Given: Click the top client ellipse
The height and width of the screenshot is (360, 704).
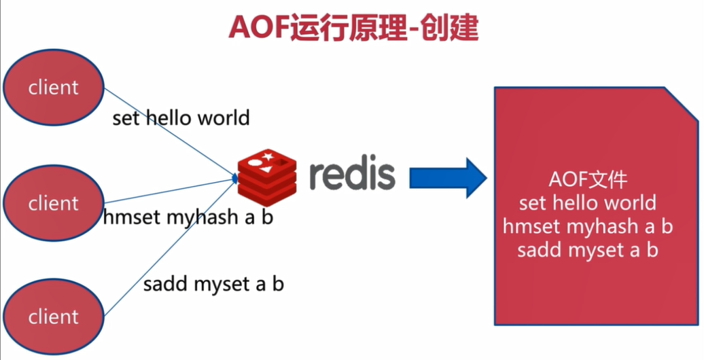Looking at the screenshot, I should tap(53, 87).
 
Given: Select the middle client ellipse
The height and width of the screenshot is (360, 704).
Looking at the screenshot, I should tap(53, 203).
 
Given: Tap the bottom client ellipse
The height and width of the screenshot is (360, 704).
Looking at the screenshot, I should tap(53, 316).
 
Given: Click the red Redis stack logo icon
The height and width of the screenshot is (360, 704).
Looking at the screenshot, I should tap(268, 173).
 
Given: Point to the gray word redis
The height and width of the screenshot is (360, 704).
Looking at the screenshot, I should tap(352, 173).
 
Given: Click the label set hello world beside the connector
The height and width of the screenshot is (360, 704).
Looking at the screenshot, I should tap(181, 118).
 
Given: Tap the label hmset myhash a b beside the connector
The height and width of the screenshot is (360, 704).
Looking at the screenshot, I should tap(188, 218).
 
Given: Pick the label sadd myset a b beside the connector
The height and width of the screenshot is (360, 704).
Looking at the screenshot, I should tap(213, 283).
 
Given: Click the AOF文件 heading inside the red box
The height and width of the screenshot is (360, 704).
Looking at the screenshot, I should tap(588, 180).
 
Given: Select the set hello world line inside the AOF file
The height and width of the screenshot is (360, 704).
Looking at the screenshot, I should tap(588, 202).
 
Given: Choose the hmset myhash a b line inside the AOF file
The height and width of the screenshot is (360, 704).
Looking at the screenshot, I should tap(588, 226).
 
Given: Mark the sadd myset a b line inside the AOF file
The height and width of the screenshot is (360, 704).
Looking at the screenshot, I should tap(588, 249).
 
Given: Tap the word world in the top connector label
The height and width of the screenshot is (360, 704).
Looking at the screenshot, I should tap(222, 118).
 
